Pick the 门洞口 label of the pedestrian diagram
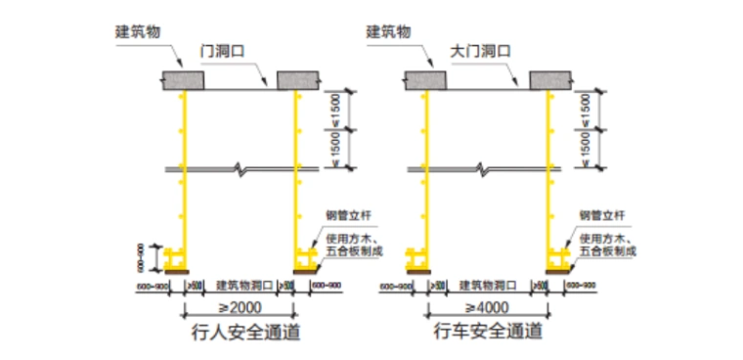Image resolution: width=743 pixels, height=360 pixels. [221, 49]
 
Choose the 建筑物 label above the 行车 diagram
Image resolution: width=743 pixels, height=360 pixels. [392, 29]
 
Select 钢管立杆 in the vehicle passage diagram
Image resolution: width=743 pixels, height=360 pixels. [597, 214]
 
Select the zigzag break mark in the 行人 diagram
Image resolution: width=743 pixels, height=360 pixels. [240, 170]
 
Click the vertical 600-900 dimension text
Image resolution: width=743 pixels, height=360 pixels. [140, 255]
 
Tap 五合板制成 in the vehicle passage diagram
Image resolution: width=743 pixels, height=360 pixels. [608, 251]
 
